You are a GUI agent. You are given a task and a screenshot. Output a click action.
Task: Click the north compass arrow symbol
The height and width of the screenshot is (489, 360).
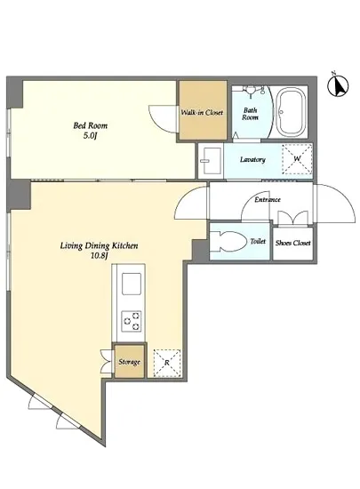click(338, 84)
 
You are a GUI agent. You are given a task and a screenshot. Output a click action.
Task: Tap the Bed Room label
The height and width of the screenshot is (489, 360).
click(91, 125)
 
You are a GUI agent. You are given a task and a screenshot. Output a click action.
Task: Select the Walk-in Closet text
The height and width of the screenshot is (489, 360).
click(202, 112)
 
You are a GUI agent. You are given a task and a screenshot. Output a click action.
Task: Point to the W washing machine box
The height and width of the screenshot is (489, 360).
click(297, 159)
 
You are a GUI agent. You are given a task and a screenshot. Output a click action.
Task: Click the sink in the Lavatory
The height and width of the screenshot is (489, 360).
click(212, 161)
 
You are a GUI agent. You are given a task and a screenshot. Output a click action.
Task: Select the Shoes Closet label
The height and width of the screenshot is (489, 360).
click(293, 243)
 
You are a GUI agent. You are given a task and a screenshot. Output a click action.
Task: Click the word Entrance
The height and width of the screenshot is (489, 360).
click(268, 199)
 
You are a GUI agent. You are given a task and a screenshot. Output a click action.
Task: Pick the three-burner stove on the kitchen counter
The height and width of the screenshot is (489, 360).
click(132, 321)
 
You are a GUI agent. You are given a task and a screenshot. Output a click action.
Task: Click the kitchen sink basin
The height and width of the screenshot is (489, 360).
click(132, 284)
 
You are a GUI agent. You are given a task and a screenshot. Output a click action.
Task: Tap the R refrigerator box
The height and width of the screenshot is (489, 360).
click(167, 363)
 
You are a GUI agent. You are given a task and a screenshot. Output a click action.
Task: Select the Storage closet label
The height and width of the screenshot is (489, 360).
click(129, 362)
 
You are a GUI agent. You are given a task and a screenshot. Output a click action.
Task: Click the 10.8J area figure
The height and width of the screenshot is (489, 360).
click(99, 256)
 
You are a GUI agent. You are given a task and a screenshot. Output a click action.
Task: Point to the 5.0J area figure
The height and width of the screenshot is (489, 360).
click(90, 136)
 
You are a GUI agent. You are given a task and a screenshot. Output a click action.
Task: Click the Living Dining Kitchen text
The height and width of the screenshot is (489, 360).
click(100, 245)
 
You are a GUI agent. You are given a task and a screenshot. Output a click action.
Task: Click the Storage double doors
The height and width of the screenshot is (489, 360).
click(107, 361)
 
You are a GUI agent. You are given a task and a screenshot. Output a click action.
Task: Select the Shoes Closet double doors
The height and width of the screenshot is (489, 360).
click(292, 218)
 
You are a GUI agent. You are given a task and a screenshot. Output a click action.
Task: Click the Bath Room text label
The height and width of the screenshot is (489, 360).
click(251, 114)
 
